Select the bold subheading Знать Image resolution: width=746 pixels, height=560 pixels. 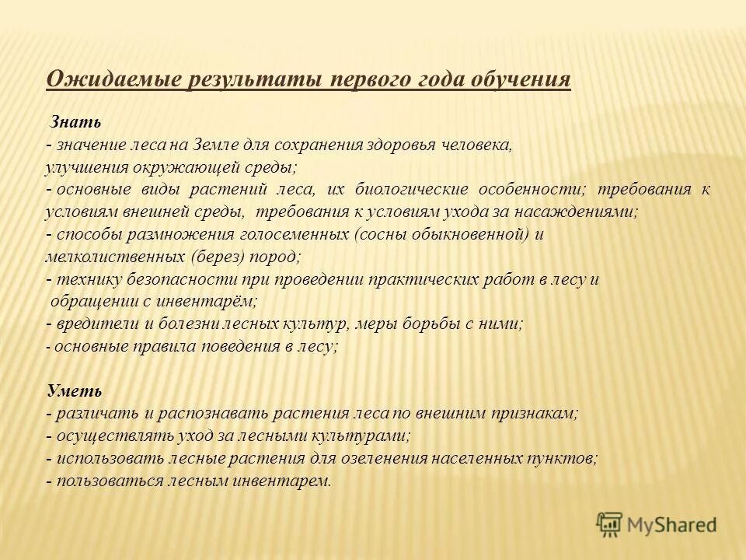75,122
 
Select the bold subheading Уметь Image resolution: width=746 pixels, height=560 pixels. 75,390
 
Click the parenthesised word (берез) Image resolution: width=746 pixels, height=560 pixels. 217,256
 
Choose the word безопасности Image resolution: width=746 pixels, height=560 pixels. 171,279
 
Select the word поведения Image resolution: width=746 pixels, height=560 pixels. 241,346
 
